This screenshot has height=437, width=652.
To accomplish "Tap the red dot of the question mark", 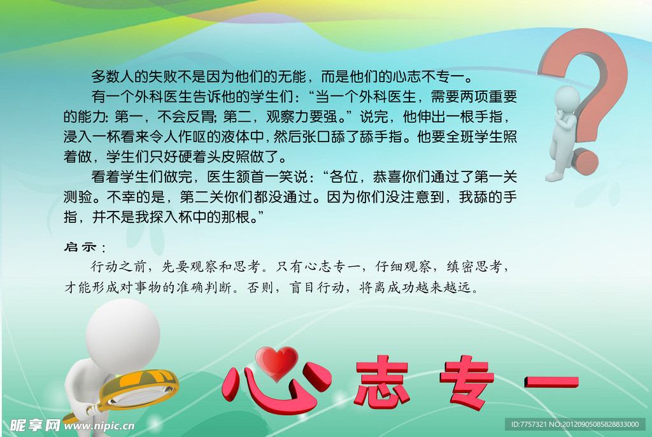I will pyautogui.click(x=585, y=162).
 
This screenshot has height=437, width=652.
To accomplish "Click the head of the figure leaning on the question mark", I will pyautogui.click(x=566, y=99).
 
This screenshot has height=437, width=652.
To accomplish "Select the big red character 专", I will pyautogui.click(x=467, y=382).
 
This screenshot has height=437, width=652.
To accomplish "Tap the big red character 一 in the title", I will pyautogui.click(x=551, y=382).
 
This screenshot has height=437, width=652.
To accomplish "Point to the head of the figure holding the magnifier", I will pyautogui.click(x=122, y=332).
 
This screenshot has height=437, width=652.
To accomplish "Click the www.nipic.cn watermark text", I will pyautogui.click(x=99, y=425).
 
